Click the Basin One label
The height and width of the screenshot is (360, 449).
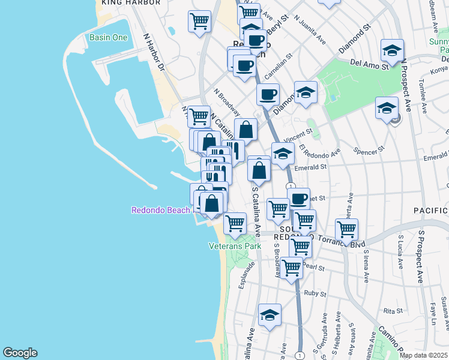point(109,37)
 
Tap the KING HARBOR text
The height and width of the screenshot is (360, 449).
point(131,3)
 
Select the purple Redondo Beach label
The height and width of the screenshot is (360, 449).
point(160,210)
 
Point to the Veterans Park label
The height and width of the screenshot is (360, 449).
point(235,246)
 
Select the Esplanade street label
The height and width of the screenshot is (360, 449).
point(243,277)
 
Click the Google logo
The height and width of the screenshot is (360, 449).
point(19,353)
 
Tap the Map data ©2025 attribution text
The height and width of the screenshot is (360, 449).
point(423,355)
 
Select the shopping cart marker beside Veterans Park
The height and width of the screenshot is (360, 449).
point(235,223)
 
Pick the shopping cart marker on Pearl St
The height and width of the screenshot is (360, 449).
point(291,267)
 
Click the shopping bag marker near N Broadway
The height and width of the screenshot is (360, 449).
point(246,128)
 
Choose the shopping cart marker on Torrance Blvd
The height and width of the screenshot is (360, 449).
point(346,229)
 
